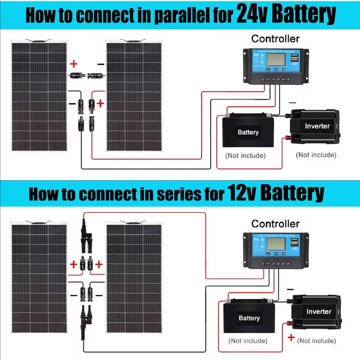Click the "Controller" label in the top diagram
click(275, 39)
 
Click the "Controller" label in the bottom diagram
click(275, 224)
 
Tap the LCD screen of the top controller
click(276, 59)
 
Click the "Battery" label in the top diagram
click(248, 132)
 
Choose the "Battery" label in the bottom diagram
click(249, 318)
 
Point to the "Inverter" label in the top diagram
click(317, 126)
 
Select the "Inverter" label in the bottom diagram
click(319, 311)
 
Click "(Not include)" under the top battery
click(245, 156)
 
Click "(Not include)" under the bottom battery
click(248, 341)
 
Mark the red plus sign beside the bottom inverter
click(291, 338)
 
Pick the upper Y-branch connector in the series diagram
click(86, 236)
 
